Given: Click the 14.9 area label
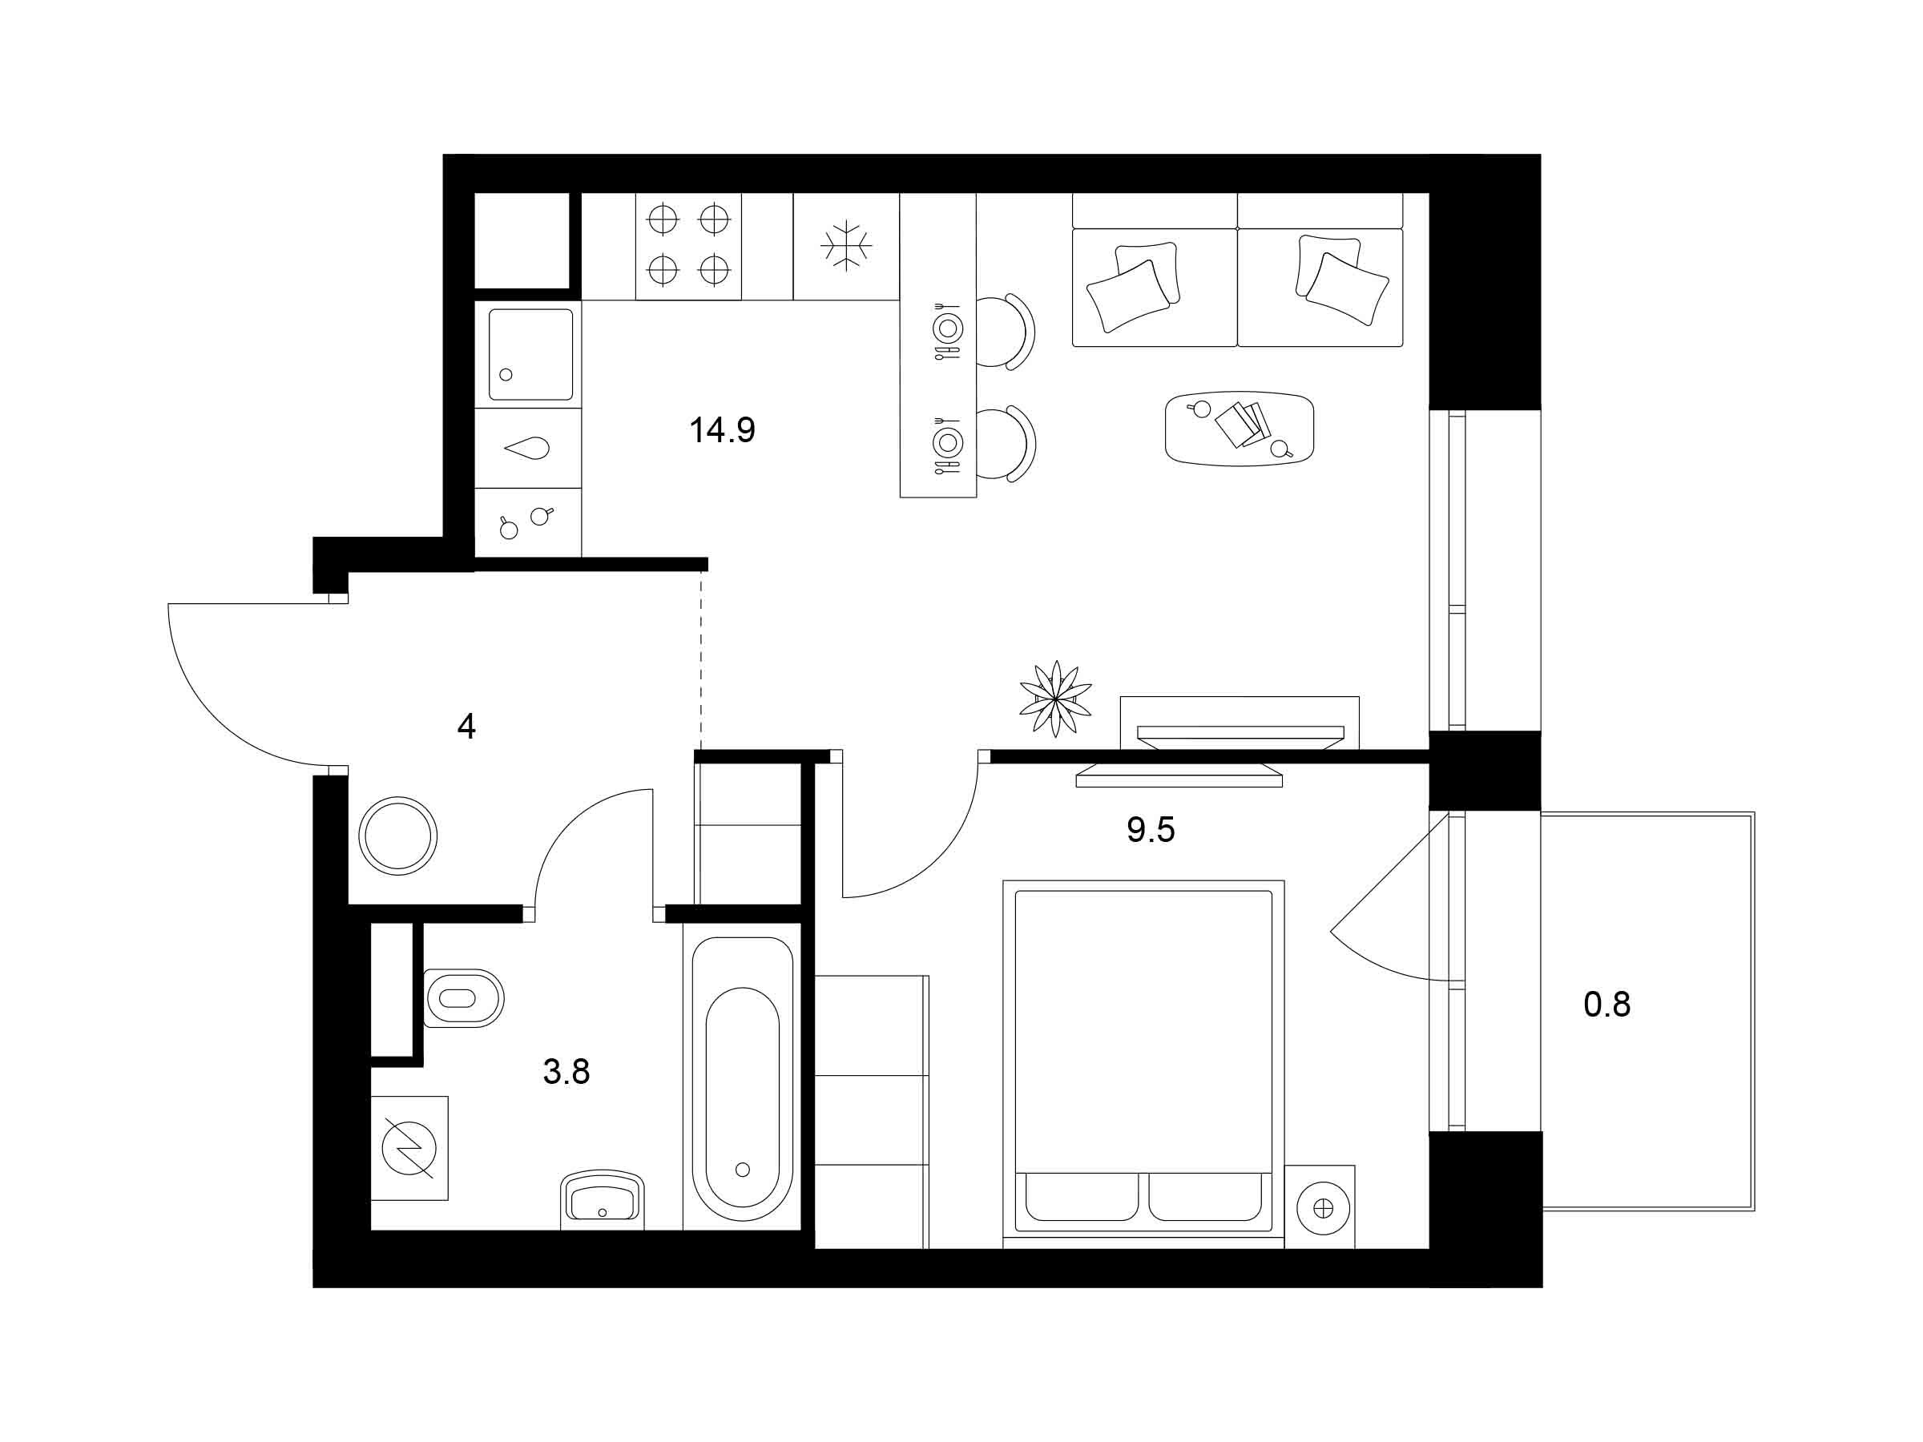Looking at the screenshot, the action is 722,430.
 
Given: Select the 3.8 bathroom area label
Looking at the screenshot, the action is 566,1072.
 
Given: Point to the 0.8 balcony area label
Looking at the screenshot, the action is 1607,1005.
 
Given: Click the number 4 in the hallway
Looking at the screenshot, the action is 466,726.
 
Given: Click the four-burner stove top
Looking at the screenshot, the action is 688,246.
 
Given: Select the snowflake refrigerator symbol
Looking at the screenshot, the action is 846,245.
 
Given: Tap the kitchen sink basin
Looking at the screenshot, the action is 530,354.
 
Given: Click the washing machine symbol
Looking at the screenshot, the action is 409,1147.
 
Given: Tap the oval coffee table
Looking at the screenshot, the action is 1239,428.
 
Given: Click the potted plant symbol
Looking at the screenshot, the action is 1055,698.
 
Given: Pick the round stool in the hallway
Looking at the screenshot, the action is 398,836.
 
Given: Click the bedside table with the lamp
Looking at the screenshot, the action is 1320,1206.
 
